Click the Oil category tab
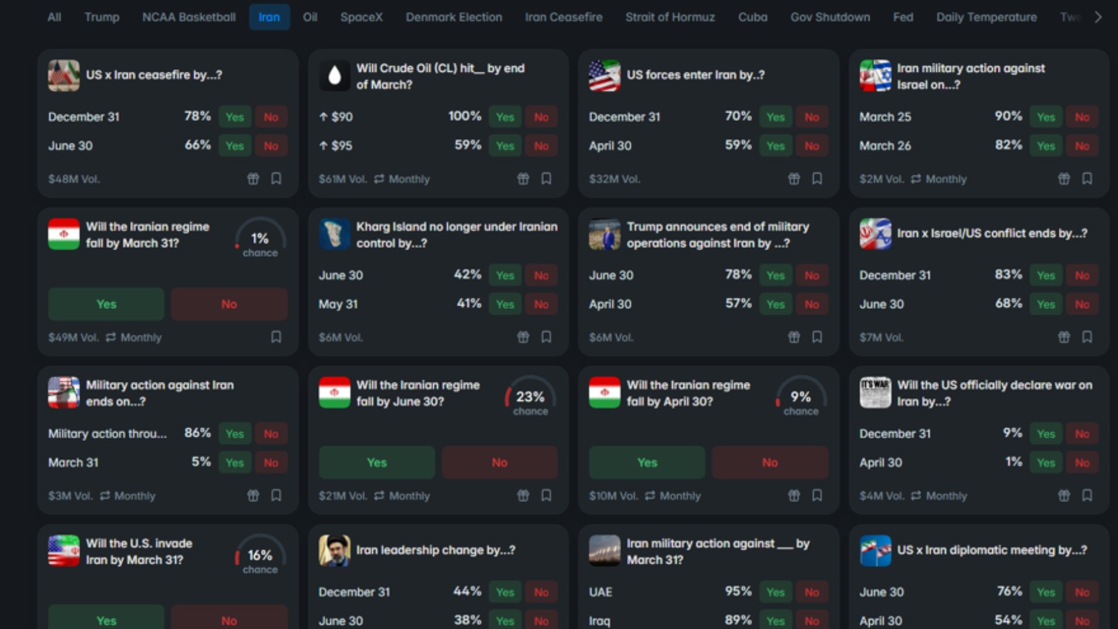(x=310, y=17)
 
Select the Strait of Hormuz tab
(x=670, y=17)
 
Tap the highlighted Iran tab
(x=269, y=17)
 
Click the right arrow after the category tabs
(x=1098, y=17)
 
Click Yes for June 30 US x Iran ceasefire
(x=235, y=146)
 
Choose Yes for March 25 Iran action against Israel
(x=1046, y=117)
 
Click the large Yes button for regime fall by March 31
(x=106, y=304)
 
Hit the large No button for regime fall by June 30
(x=499, y=463)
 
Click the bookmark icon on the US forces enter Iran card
(x=817, y=179)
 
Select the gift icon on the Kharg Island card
(x=523, y=337)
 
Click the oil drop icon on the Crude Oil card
(x=335, y=75)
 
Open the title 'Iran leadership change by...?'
(x=435, y=550)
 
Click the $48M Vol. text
(x=74, y=179)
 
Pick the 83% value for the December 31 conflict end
(x=1008, y=274)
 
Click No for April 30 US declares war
(x=1082, y=463)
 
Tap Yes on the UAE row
(x=775, y=593)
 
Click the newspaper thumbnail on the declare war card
(x=875, y=392)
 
